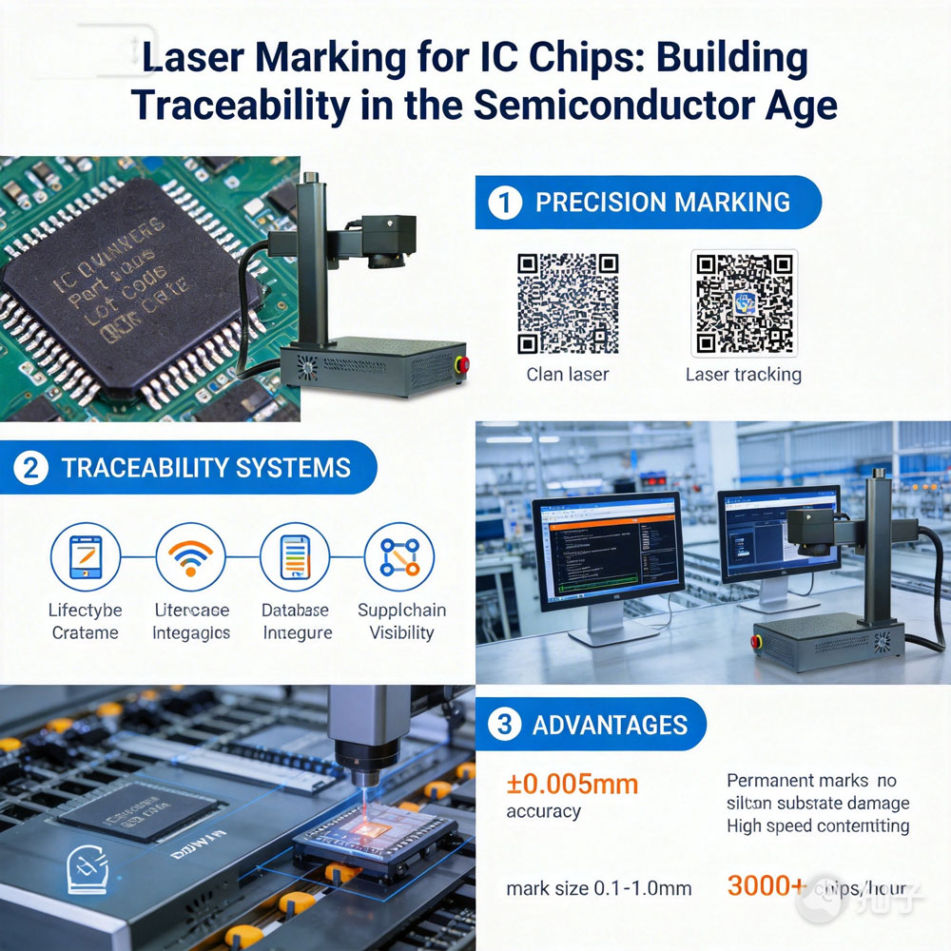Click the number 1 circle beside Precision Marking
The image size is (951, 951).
[x=505, y=203]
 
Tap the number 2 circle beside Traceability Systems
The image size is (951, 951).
[x=31, y=468]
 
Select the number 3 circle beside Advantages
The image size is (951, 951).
[x=504, y=725]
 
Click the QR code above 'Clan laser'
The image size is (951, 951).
[x=568, y=302]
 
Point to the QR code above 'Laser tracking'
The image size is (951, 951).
[x=744, y=302]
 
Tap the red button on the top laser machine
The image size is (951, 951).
[x=464, y=362]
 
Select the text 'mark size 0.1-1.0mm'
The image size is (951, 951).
[x=599, y=889]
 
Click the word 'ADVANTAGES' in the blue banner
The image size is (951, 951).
[x=610, y=725]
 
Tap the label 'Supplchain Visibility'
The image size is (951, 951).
[x=401, y=621]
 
